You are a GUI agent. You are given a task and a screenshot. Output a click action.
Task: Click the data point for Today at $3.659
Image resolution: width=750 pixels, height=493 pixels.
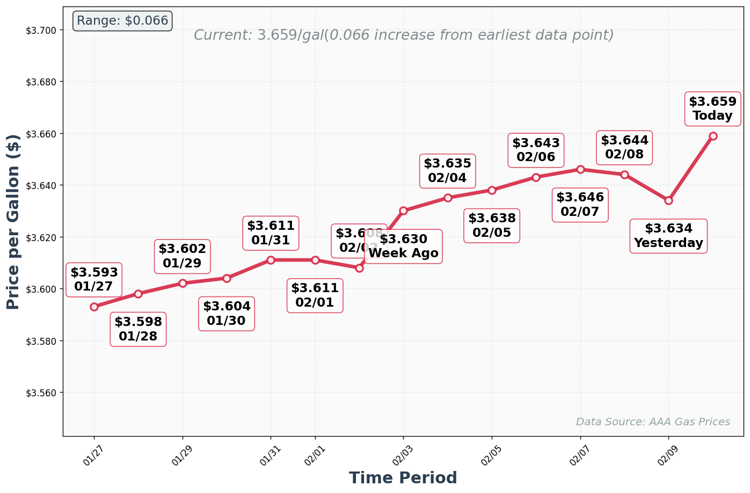coord(713,136)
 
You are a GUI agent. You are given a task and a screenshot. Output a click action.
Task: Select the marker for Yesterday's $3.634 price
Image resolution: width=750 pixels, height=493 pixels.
coord(668,200)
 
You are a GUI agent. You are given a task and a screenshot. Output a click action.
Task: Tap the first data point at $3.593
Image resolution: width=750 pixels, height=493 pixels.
coord(94,307)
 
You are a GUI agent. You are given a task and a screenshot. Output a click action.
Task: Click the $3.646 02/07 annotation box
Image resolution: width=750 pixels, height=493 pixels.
coord(580,205)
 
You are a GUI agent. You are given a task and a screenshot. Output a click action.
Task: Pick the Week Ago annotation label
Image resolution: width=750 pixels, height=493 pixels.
coord(403,247)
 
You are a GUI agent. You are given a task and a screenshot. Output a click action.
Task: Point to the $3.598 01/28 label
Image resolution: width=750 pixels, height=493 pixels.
coord(138,329)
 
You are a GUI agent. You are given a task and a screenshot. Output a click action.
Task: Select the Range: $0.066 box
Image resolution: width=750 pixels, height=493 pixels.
coord(122,21)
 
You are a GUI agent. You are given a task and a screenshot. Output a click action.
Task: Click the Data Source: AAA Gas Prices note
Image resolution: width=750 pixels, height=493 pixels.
coord(653,422)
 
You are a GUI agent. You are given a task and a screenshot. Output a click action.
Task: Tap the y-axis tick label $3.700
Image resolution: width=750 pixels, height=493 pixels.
coord(41,30)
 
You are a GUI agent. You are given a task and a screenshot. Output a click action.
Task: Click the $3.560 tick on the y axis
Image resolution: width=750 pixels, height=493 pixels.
coord(41,393)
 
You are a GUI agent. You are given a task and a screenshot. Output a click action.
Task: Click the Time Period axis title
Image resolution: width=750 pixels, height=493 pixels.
coord(403,478)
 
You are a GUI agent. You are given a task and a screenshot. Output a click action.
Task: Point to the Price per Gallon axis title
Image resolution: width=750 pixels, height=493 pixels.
coord(13,222)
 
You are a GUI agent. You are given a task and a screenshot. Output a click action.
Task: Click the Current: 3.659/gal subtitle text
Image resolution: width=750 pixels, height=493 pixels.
coord(403,35)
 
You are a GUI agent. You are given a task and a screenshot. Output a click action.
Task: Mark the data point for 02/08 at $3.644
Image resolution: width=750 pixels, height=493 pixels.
coord(624,175)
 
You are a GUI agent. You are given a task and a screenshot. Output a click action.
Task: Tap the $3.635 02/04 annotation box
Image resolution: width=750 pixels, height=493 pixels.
coord(447,171)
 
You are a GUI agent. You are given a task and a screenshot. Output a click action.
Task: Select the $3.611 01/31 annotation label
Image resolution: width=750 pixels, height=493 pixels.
coord(271,233)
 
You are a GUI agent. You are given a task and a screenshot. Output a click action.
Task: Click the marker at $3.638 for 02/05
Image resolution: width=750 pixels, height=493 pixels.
coord(492,190)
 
